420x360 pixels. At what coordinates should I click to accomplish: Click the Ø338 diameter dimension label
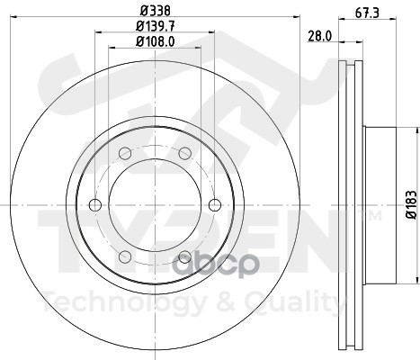156,11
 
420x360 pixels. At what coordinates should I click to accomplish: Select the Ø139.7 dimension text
156,26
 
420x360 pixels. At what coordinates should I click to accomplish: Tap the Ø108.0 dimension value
156,41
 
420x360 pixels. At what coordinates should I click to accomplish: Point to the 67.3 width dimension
368,13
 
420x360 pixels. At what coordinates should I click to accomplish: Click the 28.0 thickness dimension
320,36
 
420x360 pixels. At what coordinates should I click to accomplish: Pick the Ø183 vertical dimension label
411,205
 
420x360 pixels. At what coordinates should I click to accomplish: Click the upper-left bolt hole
125,153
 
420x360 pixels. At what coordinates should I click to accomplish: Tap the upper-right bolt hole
185,153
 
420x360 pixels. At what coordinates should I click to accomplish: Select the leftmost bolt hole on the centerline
95,205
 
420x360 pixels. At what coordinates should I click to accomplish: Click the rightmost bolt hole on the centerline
215,205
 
